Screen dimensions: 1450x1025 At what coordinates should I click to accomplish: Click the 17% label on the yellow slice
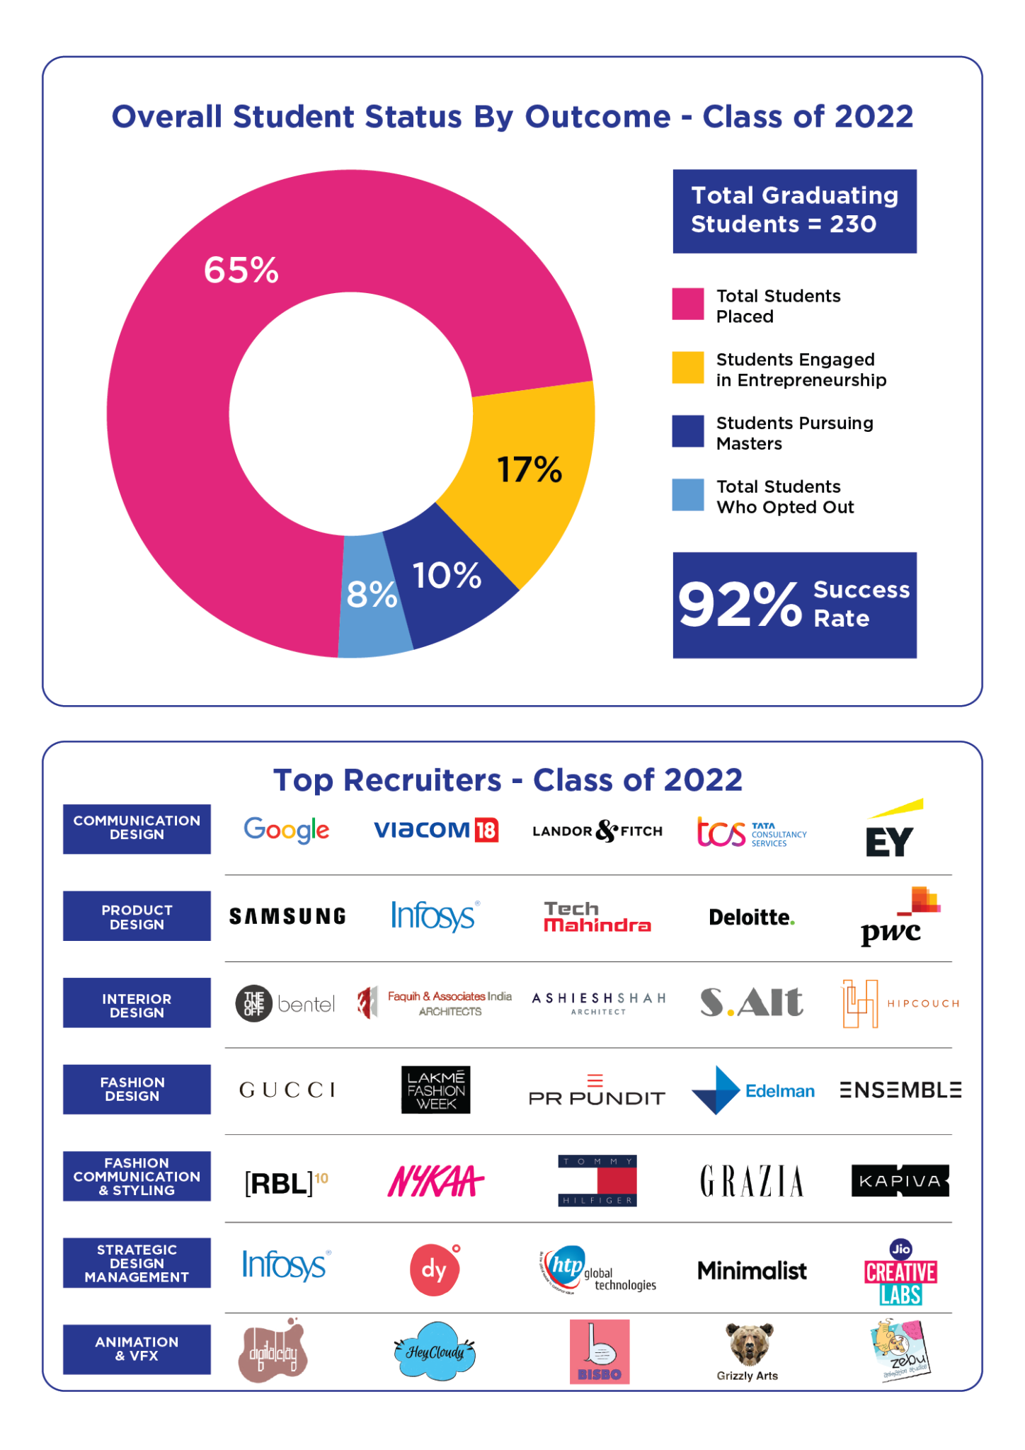point(529,469)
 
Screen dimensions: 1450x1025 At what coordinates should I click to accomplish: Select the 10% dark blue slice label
point(447,576)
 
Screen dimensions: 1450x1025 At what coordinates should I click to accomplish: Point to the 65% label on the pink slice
point(241,270)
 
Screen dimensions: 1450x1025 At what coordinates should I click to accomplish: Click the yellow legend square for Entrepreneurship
point(687,367)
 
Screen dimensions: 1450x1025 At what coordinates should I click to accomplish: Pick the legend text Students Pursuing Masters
point(794,433)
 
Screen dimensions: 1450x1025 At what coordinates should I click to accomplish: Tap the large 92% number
point(740,605)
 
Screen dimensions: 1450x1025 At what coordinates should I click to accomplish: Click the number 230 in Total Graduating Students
point(853,224)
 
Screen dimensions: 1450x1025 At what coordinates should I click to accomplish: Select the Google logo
point(287,830)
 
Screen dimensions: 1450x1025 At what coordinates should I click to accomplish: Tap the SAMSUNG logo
point(287,917)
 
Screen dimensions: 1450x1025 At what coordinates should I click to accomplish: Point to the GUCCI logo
point(287,1090)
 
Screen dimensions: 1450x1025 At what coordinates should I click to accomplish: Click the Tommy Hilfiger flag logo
point(597,1180)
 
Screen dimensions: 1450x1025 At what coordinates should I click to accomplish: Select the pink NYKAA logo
point(435,1181)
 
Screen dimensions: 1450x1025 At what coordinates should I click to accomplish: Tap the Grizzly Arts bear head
point(750,1343)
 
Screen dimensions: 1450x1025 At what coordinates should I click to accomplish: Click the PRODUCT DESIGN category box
point(137,917)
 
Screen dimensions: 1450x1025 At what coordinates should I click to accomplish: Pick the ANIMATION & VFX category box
point(137,1349)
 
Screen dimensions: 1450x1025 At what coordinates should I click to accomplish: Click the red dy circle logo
point(434,1270)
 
